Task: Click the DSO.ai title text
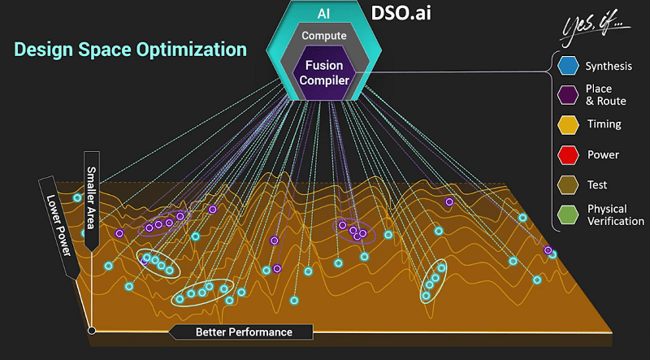tap(407, 14)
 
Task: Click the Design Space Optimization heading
tap(131, 50)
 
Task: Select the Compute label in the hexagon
tap(324, 36)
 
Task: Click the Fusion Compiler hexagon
tap(324, 72)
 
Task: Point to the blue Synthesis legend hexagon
tap(568, 64)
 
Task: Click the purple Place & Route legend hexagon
tap(568, 95)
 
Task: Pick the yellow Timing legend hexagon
tap(568, 125)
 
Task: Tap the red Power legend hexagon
tap(568, 154)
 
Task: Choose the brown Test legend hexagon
tap(568, 184)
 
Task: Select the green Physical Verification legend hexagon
tap(568, 215)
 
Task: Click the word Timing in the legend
tap(604, 125)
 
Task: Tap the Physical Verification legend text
tap(615, 215)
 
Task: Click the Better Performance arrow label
tap(241, 332)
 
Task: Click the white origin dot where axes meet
tap(92, 330)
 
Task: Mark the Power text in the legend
tap(603, 154)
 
